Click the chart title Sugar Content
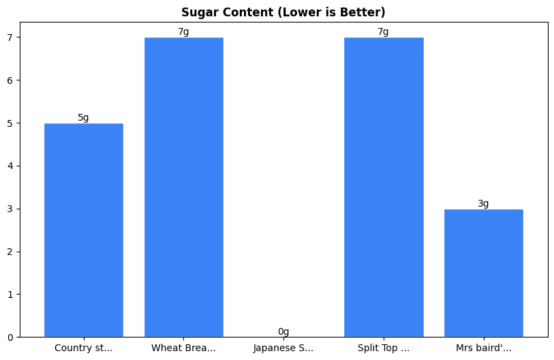point(283,12)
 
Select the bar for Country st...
point(84,230)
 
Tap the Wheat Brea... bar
point(183,187)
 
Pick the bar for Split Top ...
point(384,187)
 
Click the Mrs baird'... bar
point(483,273)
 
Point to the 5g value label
point(83,117)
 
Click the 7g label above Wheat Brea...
point(183,32)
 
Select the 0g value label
point(283,332)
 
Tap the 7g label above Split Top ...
point(383,32)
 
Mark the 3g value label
point(483,203)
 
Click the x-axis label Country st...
point(84,348)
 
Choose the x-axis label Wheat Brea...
point(183,348)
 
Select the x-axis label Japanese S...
point(283,348)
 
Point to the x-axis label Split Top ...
point(384,348)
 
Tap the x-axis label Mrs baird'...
point(483,348)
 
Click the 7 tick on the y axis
point(10,37)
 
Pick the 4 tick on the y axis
point(10,166)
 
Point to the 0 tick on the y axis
point(10,337)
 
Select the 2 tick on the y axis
point(10,252)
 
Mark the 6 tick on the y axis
point(10,80)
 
